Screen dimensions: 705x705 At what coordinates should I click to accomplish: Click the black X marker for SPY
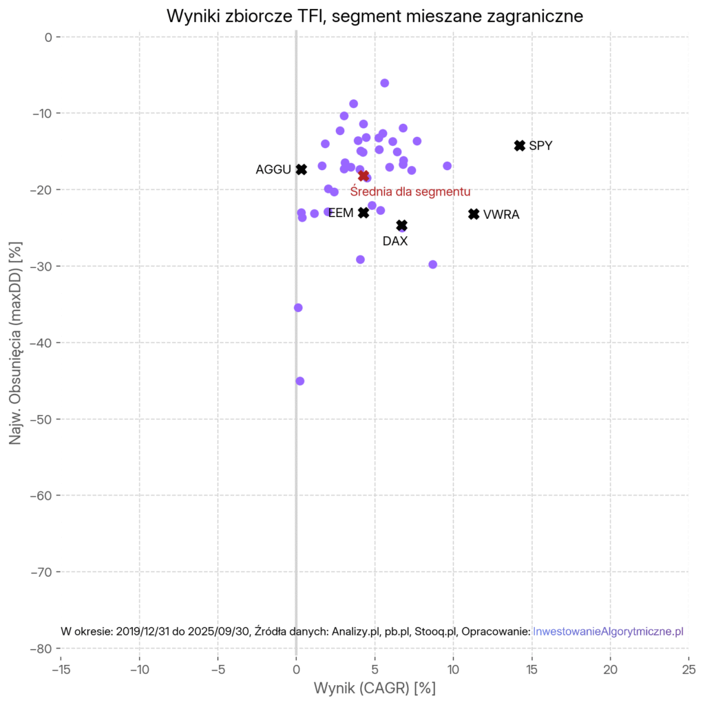520,145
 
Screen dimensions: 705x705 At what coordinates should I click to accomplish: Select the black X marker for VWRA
474,214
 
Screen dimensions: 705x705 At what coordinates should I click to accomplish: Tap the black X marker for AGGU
302,169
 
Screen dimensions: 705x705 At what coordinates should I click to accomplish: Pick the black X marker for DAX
402,225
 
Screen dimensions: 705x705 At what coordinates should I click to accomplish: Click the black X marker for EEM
364,213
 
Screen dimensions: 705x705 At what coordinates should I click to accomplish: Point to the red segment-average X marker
364,176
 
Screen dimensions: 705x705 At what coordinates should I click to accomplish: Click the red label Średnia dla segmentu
410,191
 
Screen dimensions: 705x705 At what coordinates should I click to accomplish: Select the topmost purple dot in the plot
385,83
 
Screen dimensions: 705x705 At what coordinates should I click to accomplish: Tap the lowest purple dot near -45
300,381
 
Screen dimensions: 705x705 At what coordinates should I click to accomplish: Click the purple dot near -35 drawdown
298,308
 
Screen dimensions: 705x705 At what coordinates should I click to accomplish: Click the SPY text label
540,146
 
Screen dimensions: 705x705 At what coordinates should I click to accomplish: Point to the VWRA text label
501,215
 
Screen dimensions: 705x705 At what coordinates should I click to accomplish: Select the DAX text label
395,242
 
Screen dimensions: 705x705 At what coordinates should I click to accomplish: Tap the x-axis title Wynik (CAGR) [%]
375,688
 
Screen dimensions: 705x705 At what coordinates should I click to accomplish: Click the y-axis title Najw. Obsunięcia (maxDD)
15,342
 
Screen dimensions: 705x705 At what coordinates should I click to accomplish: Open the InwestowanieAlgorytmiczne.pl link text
608,631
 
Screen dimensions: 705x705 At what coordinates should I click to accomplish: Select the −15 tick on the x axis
61,669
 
